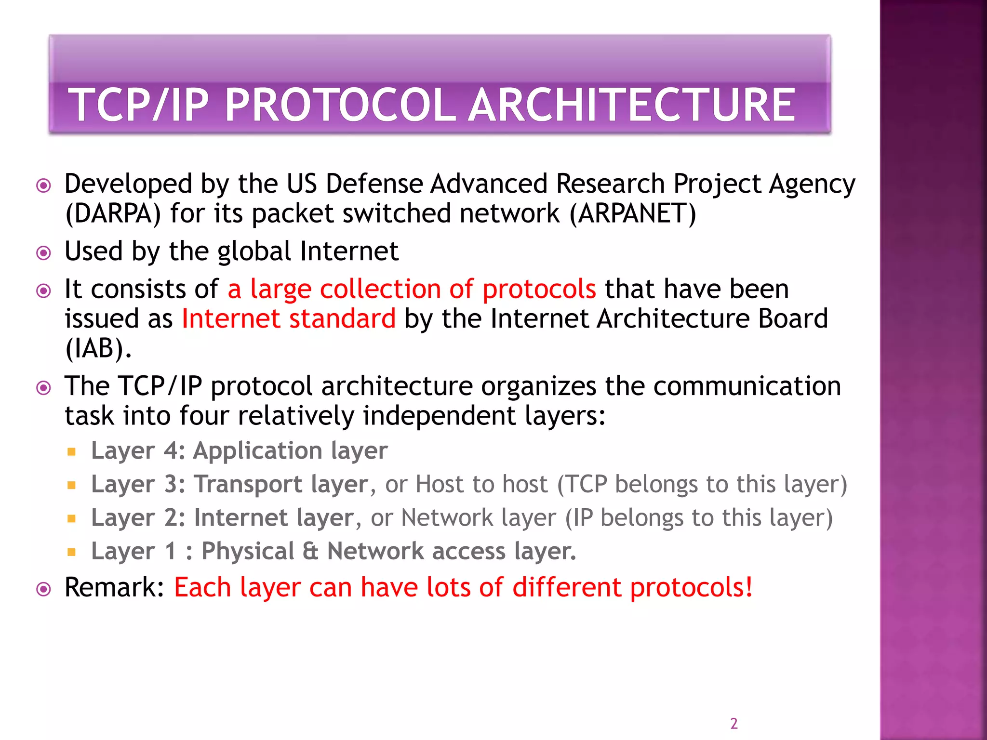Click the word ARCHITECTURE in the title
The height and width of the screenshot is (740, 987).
[x=632, y=105]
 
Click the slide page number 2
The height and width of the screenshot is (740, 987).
[x=734, y=724]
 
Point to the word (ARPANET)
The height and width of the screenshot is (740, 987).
[x=633, y=213]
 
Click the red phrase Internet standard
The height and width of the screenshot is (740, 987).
[x=288, y=319]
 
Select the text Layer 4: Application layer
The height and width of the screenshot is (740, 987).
[x=239, y=451]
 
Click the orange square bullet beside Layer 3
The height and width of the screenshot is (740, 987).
[x=72, y=485]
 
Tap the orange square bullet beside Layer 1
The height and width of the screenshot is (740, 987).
[x=72, y=552]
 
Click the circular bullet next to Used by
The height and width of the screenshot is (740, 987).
[x=44, y=253]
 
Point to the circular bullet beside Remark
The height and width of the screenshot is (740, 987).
[x=44, y=589]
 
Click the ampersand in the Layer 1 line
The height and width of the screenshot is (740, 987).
[x=311, y=551]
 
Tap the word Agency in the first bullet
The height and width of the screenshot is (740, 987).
[x=812, y=185]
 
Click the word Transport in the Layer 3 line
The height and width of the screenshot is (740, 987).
[x=248, y=484]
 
